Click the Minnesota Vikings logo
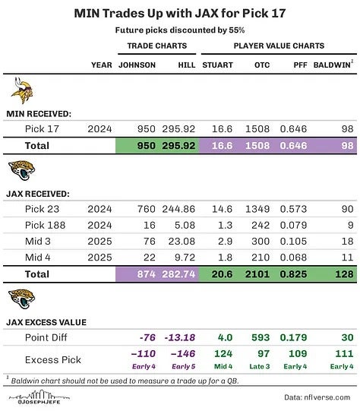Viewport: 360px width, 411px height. (21, 93)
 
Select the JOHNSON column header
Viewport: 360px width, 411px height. (137, 65)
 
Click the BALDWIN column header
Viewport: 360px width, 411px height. (331, 65)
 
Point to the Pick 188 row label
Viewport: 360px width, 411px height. (45, 225)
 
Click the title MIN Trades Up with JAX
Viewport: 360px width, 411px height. (180, 14)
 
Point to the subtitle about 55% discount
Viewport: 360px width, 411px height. (180, 30)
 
